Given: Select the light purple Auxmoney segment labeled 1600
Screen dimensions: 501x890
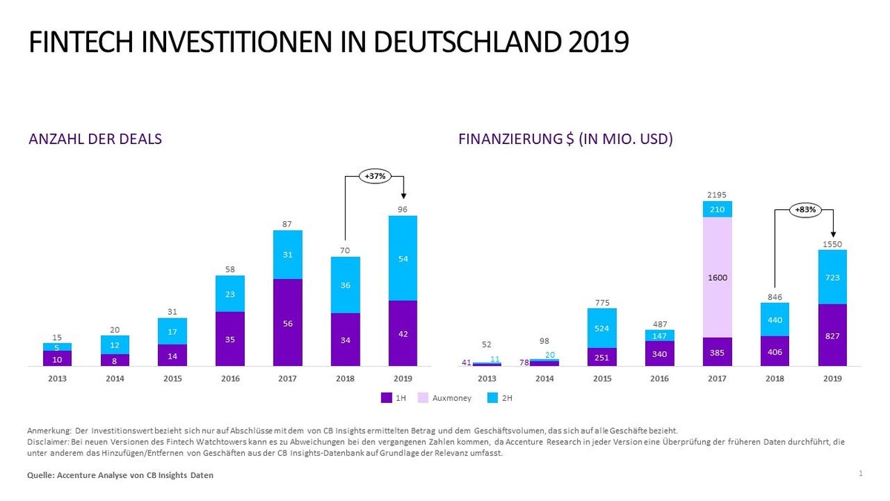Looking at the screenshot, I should (x=717, y=277).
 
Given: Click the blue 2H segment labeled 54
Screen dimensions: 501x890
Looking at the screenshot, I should (x=402, y=258).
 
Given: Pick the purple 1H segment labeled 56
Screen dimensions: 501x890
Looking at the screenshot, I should (x=287, y=323).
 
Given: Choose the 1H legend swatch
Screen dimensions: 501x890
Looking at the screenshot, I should (x=386, y=398).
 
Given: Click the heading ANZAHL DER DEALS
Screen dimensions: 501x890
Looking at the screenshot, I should (x=95, y=139).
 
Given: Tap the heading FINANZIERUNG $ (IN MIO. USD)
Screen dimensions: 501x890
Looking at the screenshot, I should (x=566, y=139).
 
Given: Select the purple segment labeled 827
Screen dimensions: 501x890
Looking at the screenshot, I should (x=833, y=335).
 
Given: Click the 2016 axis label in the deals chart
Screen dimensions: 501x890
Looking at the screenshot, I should (x=230, y=379).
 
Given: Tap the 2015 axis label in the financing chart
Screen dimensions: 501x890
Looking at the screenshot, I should (x=601, y=379).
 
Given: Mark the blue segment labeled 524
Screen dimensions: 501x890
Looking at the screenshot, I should (x=601, y=328).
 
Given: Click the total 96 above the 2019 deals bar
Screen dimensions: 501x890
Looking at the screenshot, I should (x=402, y=209).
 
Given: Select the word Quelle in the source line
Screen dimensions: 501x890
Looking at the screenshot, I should (x=41, y=475).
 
